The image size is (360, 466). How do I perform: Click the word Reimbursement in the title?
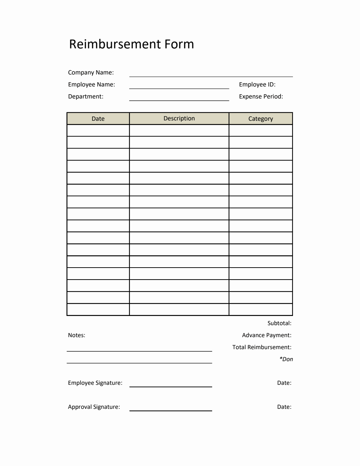pyautogui.click(x=115, y=44)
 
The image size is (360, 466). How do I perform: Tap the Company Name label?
pyautogui.click(x=91, y=72)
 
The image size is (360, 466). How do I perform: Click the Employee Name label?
pyautogui.click(x=91, y=84)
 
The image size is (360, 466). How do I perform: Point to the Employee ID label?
pyautogui.click(x=257, y=84)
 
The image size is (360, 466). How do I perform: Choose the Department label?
pyautogui.click(x=85, y=96)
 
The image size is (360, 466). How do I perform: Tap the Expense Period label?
pyautogui.click(x=261, y=96)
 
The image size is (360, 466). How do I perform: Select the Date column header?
pyautogui.click(x=98, y=119)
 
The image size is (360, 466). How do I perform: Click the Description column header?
pyautogui.click(x=179, y=118)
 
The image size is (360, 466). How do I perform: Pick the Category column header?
pyautogui.click(x=260, y=119)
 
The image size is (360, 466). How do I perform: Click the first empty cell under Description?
pyautogui.click(x=179, y=131)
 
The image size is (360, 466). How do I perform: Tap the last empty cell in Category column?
pyautogui.click(x=260, y=310)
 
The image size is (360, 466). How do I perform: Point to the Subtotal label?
pyautogui.click(x=279, y=323)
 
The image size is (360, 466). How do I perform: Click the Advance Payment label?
pyautogui.click(x=266, y=335)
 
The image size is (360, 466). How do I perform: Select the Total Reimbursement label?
pyautogui.click(x=262, y=347)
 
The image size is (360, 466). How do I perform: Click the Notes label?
pyautogui.click(x=77, y=335)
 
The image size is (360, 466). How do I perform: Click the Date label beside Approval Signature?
pyautogui.click(x=284, y=407)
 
